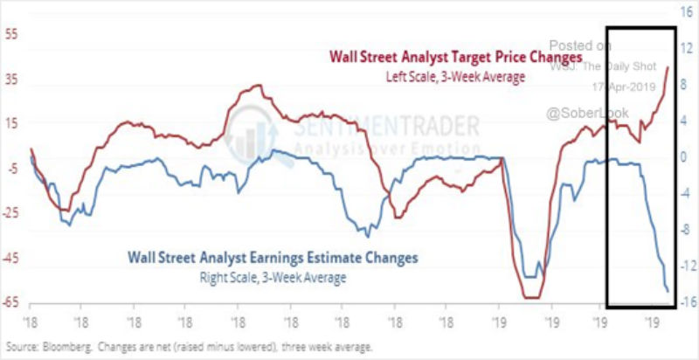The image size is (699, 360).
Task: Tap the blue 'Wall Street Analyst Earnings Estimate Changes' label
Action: (273, 258)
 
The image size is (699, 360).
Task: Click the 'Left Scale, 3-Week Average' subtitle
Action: (455, 77)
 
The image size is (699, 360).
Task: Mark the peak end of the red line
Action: (668, 67)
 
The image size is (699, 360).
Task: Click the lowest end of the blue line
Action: (668, 291)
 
